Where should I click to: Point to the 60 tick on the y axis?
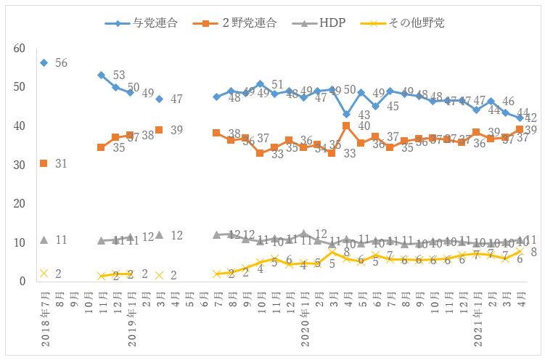[x=20, y=48]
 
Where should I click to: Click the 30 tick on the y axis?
[x=20, y=165]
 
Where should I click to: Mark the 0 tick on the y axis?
[x=22, y=282]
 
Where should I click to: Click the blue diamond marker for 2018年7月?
[x=44, y=63]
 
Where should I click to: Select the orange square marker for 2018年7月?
[x=44, y=163]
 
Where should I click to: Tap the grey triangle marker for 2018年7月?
[x=44, y=240]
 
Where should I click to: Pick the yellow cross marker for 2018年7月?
[x=44, y=274]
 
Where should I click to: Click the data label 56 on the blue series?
[x=61, y=63]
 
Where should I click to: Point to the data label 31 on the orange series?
[x=61, y=164]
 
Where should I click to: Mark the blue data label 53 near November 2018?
[x=118, y=75]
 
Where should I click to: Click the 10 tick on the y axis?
[x=20, y=242]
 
